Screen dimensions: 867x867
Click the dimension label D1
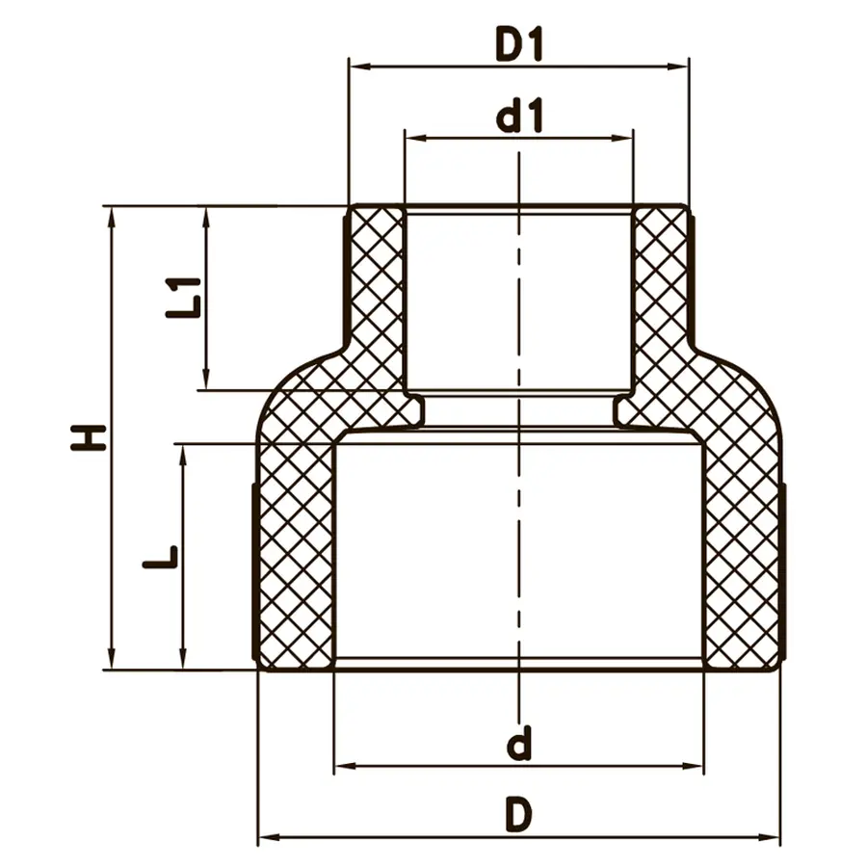click(519, 45)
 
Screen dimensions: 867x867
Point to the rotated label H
click(89, 436)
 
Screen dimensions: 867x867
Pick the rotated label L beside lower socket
click(160, 556)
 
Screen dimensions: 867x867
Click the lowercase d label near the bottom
click(519, 744)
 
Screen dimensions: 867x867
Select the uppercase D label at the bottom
click(519, 816)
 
